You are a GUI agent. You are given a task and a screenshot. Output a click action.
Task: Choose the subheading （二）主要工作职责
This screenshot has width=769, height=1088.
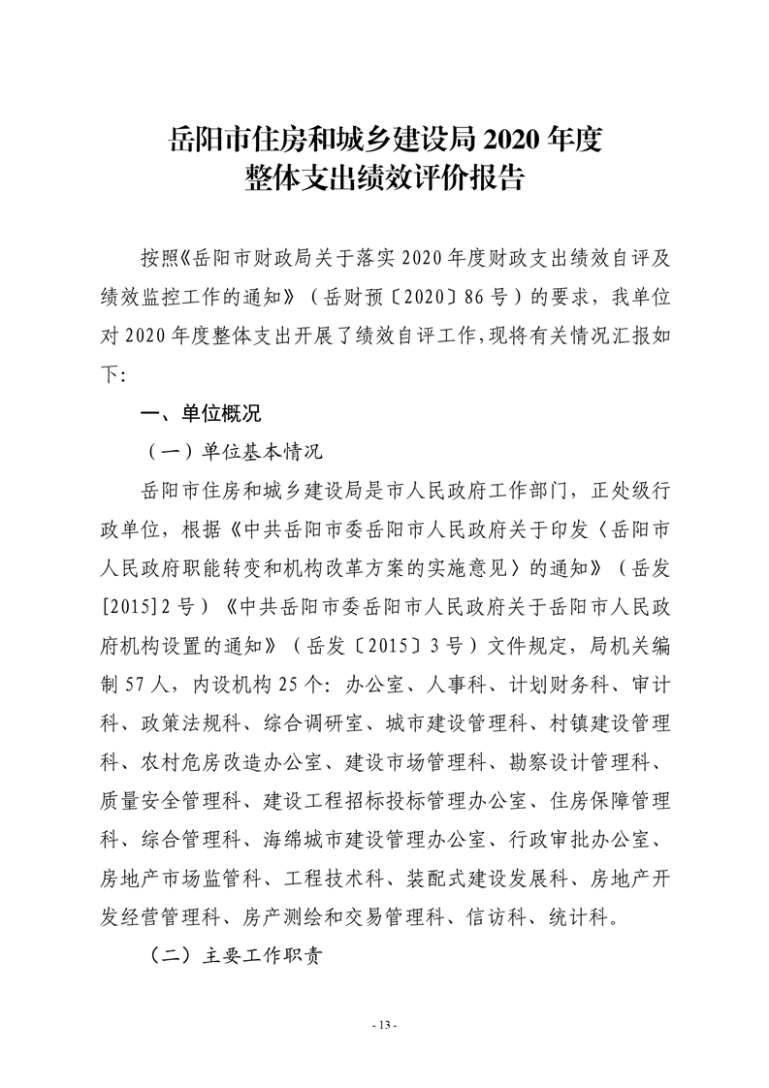coord(234,955)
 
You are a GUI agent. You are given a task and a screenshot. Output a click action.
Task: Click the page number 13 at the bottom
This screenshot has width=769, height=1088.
coord(385,1026)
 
